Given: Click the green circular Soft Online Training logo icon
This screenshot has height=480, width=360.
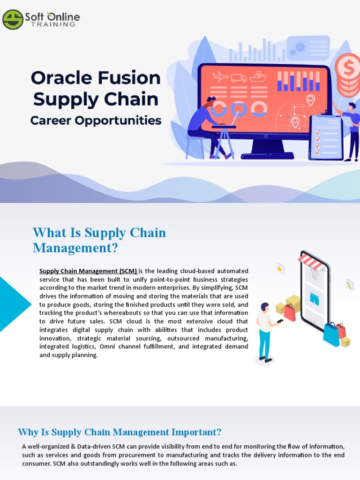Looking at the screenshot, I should (13, 19).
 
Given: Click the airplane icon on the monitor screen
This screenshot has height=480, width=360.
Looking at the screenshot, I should (220, 76).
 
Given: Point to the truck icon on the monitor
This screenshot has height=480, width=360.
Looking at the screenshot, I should (239, 78).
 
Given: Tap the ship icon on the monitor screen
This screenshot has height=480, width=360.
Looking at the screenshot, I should (258, 76).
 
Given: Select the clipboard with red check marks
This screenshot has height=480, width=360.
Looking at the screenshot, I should (326, 137).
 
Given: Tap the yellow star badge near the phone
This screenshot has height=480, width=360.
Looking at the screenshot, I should (280, 269).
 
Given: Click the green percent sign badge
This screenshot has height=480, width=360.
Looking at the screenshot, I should (349, 285).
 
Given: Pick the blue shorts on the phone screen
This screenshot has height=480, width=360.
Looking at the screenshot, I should (314, 300).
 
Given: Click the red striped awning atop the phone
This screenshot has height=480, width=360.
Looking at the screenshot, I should (310, 261).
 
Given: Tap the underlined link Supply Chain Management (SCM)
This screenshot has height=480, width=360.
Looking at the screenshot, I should (88, 271).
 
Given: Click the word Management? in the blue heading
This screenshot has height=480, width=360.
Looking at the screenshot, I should (75, 247).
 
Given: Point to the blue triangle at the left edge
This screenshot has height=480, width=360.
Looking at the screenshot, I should (12, 304).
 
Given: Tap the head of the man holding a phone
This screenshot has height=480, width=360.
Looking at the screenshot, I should (264, 307).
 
